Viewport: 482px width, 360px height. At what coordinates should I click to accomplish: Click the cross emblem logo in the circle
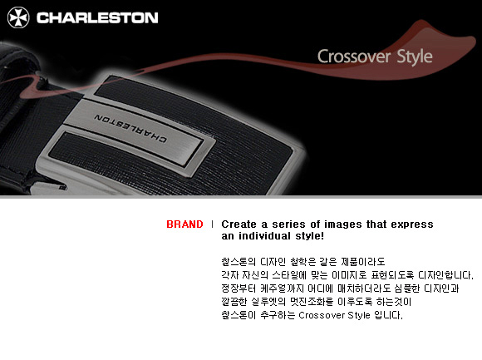coord(18,17)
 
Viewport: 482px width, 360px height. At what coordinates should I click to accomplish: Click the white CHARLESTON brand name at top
coord(97,17)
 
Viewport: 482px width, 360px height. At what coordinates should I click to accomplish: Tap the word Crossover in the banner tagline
coord(354,57)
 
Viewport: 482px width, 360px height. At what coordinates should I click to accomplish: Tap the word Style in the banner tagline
coord(415,57)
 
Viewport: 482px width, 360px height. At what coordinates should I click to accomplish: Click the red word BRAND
coord(184,224)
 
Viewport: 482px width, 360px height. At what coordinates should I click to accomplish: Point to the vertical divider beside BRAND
coord(212,224)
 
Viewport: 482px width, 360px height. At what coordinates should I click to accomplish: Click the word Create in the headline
coord(239,224)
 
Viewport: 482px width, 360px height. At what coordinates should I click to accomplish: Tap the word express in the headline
coord(412,224)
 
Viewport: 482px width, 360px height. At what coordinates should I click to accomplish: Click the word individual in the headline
coord(264,236)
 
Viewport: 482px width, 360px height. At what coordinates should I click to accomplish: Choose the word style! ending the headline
coord(309,236)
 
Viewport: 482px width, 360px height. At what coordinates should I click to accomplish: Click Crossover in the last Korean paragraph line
coord(322,315)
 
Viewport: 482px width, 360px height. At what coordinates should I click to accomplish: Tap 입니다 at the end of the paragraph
coord(389,315)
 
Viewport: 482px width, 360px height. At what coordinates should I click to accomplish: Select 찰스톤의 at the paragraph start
coord(239,262)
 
